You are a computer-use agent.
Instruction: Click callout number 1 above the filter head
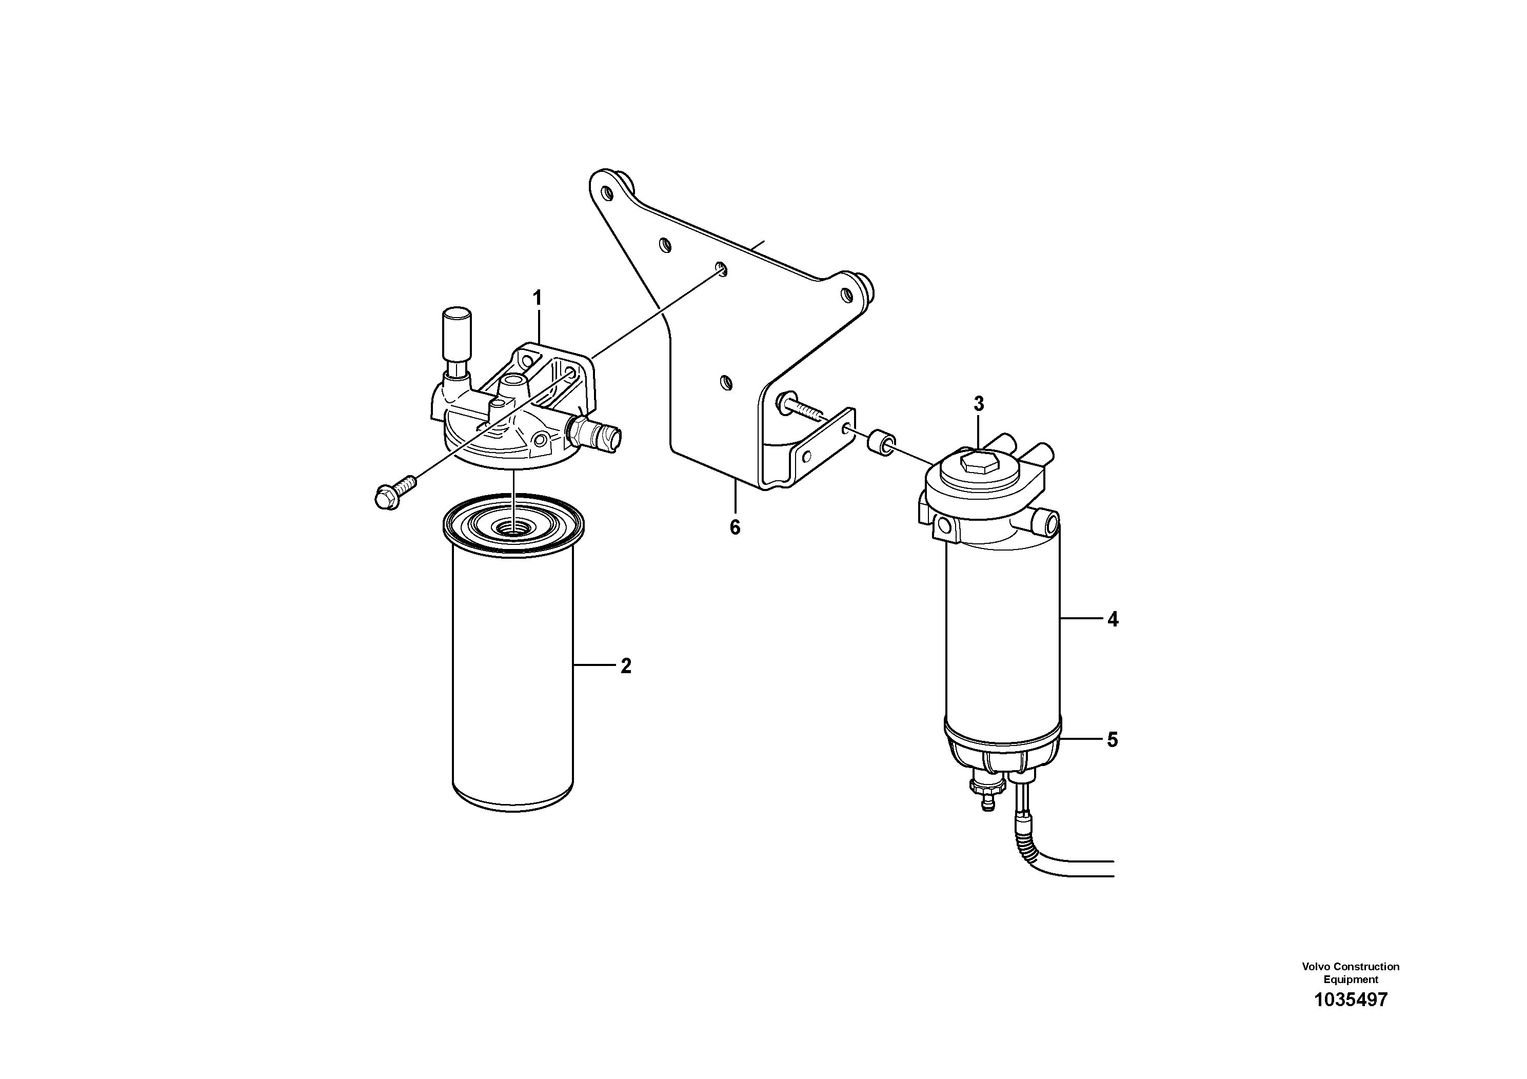[x=538, y=299]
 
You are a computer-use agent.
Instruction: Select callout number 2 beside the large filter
[x=626, y=666]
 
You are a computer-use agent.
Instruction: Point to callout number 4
[x=1113, y=620]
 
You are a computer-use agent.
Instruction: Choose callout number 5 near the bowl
[x=1113, y=740]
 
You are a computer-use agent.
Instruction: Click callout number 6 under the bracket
[x=735, y=527]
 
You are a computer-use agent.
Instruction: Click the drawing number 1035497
[x=1351, y=1018]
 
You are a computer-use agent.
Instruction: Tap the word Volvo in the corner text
[x=1317, y=967]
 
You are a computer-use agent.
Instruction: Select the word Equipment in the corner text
[x=1351, y=979]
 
